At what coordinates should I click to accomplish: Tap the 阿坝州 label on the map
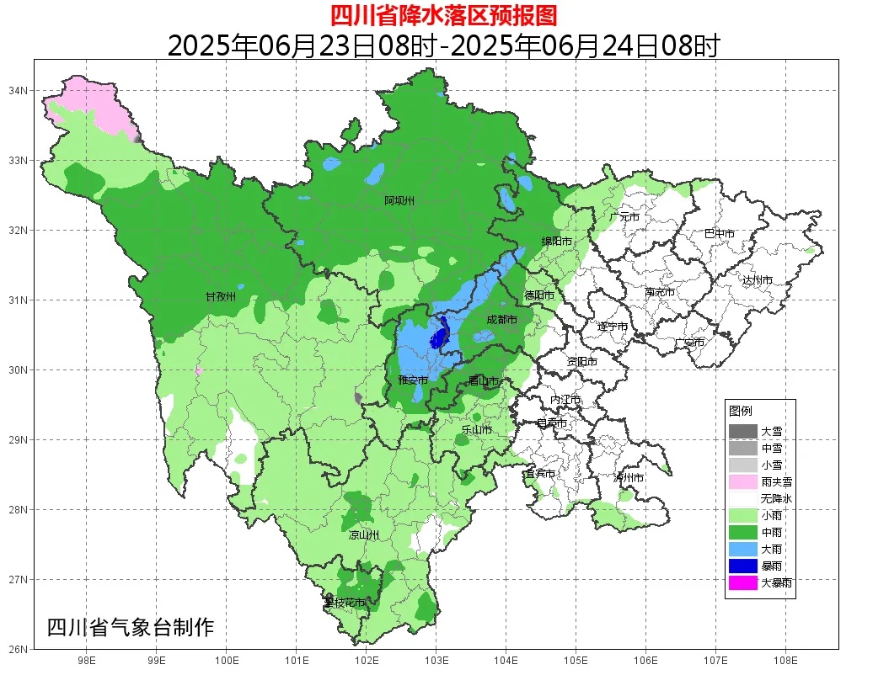coord(399,200)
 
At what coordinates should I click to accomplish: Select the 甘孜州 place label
coord(221,297)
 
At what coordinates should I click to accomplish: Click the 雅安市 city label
coord(413,380)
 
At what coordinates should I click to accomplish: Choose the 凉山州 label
coord(364,535)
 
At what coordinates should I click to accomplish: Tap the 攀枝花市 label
coord(345,603)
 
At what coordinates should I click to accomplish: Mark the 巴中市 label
coord(719,233)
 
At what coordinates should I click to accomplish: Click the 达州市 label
coord(757,279)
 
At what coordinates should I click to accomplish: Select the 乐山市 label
coord(476,430)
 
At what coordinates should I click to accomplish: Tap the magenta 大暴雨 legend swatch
coord(742,582)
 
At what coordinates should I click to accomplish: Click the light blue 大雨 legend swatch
coord(742,549)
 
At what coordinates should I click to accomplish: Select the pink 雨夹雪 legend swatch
coord(742,481)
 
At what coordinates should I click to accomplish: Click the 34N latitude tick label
coord(19,90)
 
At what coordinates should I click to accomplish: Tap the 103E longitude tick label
coord(435,661)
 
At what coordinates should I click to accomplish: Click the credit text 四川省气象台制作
coord(131,628)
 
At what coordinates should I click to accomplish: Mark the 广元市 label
coord(624,217)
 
